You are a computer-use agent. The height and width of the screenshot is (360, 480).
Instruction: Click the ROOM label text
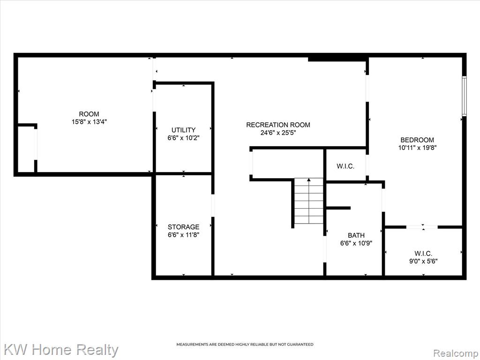pyautogui.click(x=89, y=114)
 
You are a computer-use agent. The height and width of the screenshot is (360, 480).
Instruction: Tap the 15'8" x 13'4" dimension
pyautogui.click(x=89, y=122)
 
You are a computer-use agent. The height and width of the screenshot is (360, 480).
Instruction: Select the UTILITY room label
pyautogui.click(x=183, y=130)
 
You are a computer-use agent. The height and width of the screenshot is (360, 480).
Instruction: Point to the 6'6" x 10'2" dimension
pyautogui.click(x=183, y=138)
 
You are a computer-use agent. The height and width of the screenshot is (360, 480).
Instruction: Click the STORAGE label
pyautogui.click(x=183, y=227)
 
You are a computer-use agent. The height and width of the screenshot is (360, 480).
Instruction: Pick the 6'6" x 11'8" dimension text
pyautogui.click(x=183, y=235)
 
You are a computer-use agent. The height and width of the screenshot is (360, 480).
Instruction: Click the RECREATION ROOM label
pyautogui.click(x=278, y=125)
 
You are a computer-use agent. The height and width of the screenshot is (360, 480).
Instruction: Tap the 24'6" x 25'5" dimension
pyautogui.click(x=278, y=133)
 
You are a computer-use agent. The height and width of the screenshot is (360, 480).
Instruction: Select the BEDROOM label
pyautogui.click(x=417, y=140)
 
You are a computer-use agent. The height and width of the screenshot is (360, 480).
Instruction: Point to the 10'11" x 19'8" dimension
pyautogui.click(x=417, y=148)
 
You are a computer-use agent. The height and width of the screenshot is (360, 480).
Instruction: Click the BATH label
pyautogui.click(x=356, y=235)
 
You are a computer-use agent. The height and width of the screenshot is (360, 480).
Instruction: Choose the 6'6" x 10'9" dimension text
pyautogui.click(x=356, y=243)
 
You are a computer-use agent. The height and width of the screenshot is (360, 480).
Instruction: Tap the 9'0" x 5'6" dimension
pyautogui.click(x=423, y=261)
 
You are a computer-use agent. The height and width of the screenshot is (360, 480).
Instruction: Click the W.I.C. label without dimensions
pyautogui.click(x=345, y=166)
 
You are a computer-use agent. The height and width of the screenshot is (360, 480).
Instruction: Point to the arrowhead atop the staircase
pyautogui.click(x=308, y=180)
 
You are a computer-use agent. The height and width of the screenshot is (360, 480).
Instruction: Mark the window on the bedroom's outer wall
pyautogui.click(x=464, y=96)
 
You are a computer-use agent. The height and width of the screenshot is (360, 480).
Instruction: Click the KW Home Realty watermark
pyautogui.click(x=61, y=350)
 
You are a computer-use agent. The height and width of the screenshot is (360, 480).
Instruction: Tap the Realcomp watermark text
pyautogui.click(x=455, y=353)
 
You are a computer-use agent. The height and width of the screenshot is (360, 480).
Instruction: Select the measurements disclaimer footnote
pyautogui.click(x=245, y=345)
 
